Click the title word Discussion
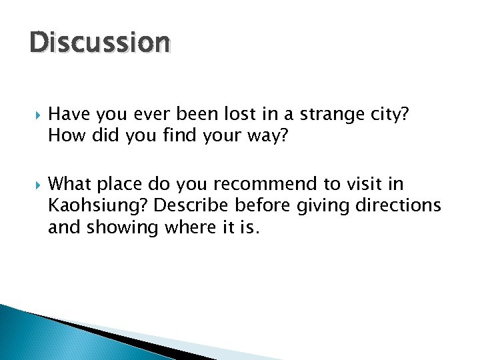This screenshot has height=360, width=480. point(100,43)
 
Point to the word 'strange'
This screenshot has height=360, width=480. point(331,114)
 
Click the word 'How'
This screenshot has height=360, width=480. point(65,136)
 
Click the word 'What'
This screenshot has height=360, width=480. point(70,183)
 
